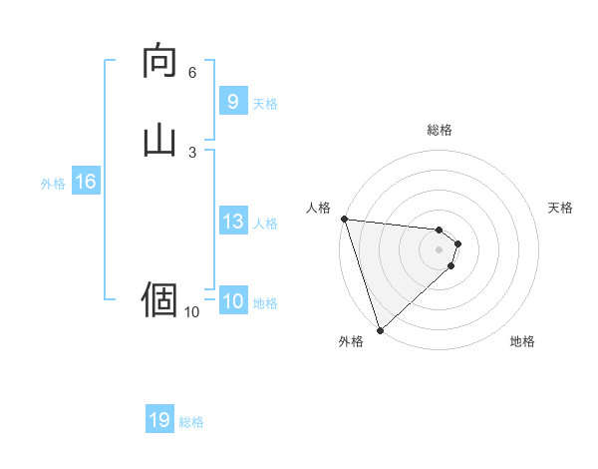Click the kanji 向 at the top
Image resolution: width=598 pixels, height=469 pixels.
(159, 61)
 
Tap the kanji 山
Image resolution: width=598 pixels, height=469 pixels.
(159, 139)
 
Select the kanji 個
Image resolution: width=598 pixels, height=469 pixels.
(159, 298)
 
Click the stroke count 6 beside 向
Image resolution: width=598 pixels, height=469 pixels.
(192, 73)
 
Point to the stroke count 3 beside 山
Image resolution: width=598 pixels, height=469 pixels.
(192, 152)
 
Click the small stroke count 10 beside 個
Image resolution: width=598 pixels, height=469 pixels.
(192, 312)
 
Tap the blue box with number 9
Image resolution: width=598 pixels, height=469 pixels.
(232, 102)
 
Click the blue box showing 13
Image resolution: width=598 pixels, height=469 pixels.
(232, 222)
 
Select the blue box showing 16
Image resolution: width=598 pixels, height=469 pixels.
(85, 182)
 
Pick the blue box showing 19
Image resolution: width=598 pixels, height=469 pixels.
(159, 420)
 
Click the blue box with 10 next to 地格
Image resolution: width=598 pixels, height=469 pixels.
(232, 301)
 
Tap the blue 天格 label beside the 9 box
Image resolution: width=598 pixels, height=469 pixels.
(265, 103)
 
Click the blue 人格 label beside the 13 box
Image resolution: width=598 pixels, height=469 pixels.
(265, 223)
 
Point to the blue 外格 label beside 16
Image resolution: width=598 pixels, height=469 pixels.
(53, 183)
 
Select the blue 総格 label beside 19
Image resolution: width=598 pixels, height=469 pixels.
(191, 422)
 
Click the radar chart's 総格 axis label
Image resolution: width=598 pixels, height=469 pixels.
(440, 130)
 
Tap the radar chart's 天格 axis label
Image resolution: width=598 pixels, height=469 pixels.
(561, 208)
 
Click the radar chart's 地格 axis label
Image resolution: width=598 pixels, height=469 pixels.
(522, 341)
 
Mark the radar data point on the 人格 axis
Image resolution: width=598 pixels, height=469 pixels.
(344, 219)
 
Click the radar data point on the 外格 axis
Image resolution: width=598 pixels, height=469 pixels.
(380, 329)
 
